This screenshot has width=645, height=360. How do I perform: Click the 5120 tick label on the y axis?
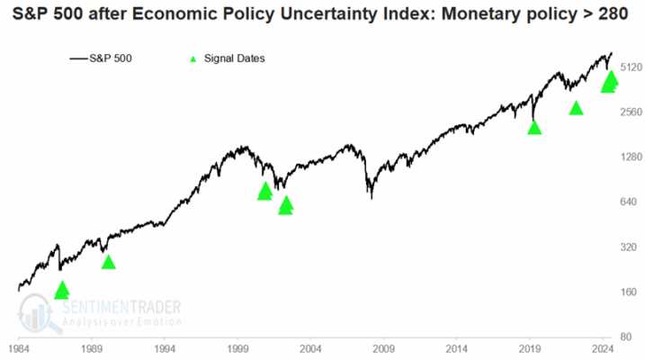click(627, 67)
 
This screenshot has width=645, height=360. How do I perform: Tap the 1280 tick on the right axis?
click(627, 157)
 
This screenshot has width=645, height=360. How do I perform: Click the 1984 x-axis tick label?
click(18, 346)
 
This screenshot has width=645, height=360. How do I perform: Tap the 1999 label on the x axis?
click(237, 346)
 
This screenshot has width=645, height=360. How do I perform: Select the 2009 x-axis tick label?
click(384, 346)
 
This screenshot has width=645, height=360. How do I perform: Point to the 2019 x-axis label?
click(530, 346)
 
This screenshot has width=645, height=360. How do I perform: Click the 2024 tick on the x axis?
click(603, 346)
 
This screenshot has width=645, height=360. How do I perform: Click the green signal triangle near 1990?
click(108, 262)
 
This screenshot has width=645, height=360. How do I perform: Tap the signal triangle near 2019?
click(534, 128)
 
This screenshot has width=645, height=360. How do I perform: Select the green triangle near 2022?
click(577, 108)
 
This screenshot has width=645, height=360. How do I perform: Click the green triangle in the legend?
click(191, 58)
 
